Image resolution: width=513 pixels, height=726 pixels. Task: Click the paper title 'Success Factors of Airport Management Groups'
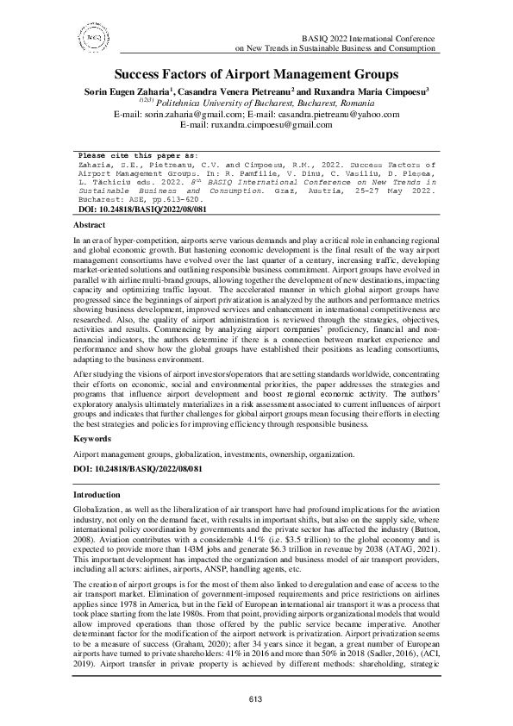(256, 75)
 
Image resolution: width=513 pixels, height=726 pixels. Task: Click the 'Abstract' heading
(91, 224)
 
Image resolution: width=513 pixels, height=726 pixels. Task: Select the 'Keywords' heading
(94, 439)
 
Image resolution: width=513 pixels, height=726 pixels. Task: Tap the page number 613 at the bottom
(256, 698)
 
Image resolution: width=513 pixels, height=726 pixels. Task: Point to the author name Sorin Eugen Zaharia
(122, 90)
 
